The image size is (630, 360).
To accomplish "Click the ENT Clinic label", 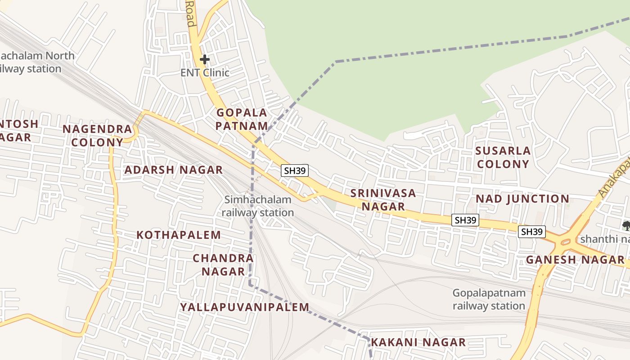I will [x=205, y=72].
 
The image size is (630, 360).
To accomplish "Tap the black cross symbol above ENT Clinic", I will [x=205, y=59].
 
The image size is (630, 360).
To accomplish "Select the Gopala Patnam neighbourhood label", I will [x=242, y=119].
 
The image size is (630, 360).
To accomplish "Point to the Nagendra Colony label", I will [x=97, y=135].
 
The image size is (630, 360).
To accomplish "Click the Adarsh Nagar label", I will [x=173, y=170].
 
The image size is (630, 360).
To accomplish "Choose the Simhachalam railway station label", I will [x=258, y=206].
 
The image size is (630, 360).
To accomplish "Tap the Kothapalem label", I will [x=179, y=235].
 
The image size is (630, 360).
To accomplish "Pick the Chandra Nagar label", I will [x=223, y=265].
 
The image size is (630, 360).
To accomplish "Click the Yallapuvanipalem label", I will [x=245, y=307].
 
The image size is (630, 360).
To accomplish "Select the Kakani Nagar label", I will [x=418, y=342].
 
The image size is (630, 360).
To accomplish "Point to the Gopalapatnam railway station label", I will [x=489, y=299].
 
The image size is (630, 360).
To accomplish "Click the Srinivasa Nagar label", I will [x=383, y=199].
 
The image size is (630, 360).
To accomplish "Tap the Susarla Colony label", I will [x=503, y=157].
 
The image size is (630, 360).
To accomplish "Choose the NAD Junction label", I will [x=522, y=198].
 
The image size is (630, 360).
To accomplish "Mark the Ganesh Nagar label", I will [x=575, y=260].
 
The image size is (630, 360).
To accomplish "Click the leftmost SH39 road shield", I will [x=295, y=171].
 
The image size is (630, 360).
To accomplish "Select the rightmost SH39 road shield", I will [x=532, y=232].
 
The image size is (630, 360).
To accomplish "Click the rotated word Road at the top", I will [x=191, y=13].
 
